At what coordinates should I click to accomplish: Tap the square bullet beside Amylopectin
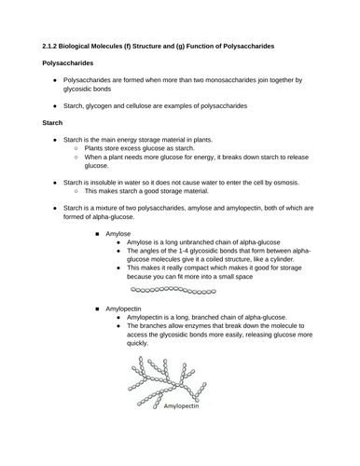(96, 307)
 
